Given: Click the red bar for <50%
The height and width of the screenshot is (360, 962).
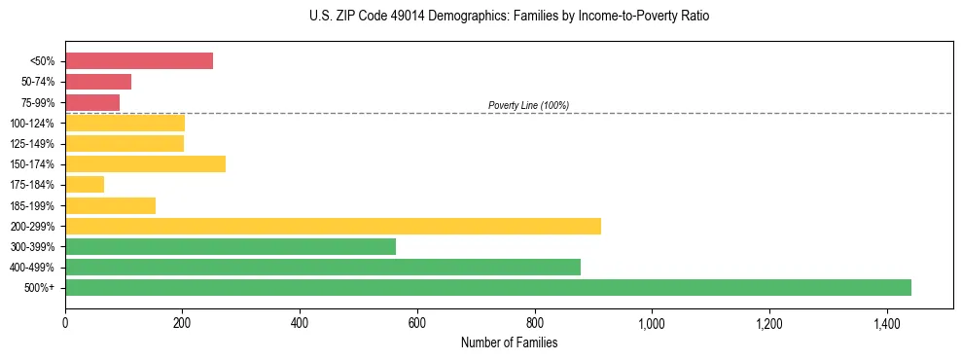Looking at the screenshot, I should pos(139,61).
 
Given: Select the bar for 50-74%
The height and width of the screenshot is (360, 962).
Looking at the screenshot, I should pos(98,82).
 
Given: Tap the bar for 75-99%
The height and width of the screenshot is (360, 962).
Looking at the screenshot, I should pos(92,102).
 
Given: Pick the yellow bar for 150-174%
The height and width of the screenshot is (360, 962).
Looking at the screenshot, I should pos(146,164).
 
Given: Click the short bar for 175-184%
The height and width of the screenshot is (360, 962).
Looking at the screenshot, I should pos(85,185).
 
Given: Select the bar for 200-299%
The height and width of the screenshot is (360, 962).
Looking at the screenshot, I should pos(333,226).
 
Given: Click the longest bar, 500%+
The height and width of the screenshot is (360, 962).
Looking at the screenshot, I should pos(488,287).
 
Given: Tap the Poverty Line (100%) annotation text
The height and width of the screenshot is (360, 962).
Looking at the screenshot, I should pos(528,105).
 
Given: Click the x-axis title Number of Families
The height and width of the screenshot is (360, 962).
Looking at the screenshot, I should pos(509,342).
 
